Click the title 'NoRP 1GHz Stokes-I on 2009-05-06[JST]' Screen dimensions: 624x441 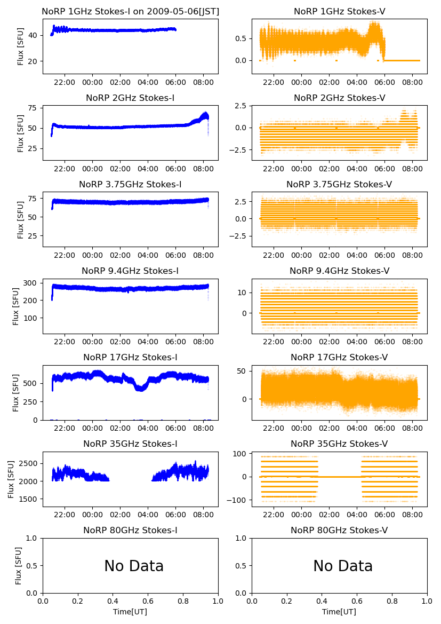pyautogui.click(x=130, y=12)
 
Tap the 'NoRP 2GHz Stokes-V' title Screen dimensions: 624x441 pyautogui.click(x=339, y=98)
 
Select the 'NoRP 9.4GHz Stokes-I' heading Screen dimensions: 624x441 pyautogui.click(x=130, y=271)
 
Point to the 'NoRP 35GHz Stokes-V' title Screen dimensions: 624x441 pyautogui.click(x=339, y=444)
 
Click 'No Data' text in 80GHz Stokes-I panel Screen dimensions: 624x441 pyautogui.click(x=134, y=566)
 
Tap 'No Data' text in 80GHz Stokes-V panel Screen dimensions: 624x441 pyautogui.click(x=343, y=566)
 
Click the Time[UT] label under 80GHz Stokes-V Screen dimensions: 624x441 pyautogui.click(x=339, y=612)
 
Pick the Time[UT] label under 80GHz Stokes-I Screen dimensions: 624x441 pyautogui.click(x=130, y=612)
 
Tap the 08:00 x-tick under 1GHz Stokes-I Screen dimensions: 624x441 pyautogui.click(x=204, y=83)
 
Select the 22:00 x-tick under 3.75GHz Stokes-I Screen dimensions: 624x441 pyautogui.click(x=65, y=256)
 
